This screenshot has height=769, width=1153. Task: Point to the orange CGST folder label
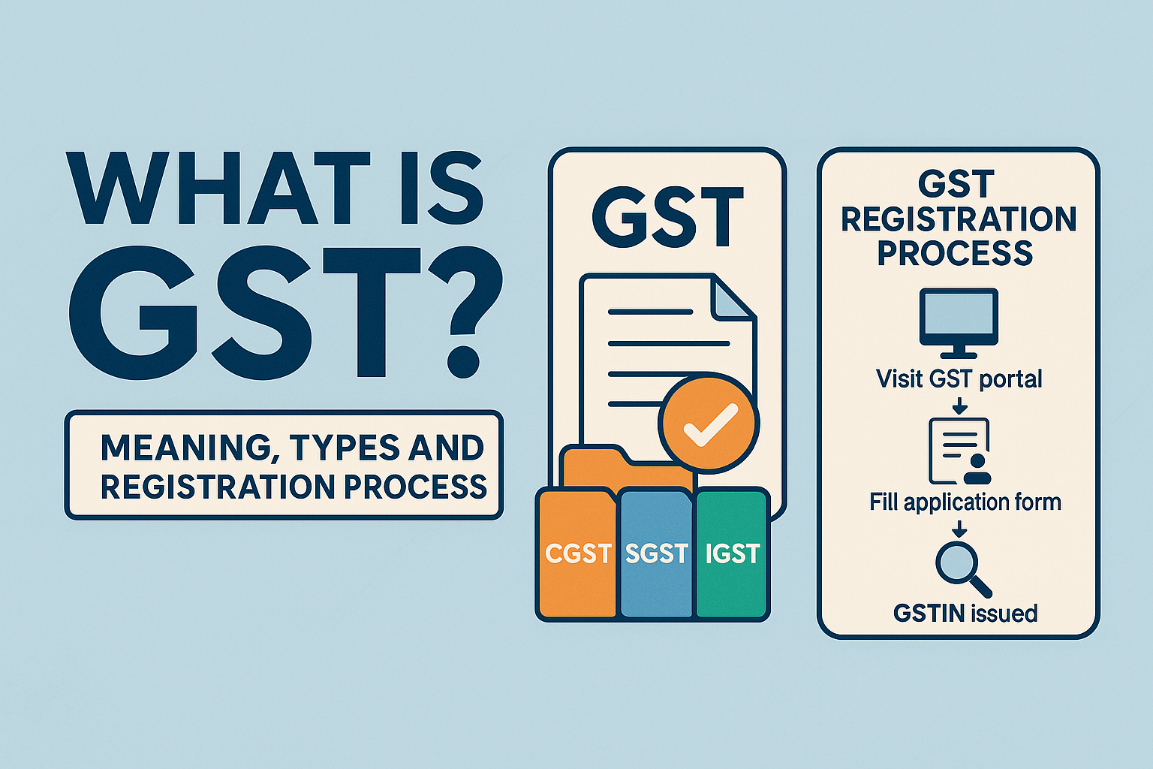578,553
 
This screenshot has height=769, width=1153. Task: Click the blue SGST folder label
656,553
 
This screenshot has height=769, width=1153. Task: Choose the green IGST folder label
732,553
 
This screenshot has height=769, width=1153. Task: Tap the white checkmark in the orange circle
710,425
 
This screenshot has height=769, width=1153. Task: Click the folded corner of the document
731,299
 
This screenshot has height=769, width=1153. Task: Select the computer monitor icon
959,323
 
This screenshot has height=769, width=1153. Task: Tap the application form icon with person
959,451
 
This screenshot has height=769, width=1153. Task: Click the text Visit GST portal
959,379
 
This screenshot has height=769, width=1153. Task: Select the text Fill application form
965,502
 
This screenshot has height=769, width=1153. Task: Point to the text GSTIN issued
965,614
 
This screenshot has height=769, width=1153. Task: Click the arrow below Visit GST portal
959,406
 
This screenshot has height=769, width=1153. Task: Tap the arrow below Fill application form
959,529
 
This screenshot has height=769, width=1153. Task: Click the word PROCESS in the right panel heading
956,253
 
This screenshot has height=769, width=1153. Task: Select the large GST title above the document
667,217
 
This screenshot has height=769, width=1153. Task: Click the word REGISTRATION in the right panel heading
959,219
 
